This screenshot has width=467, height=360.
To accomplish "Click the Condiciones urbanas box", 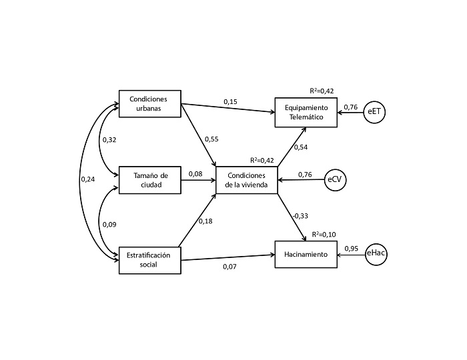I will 150,104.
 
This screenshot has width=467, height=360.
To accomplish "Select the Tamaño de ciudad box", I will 150,179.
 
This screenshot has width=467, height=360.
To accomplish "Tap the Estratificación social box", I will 150,260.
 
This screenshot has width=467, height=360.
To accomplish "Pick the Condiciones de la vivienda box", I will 246,180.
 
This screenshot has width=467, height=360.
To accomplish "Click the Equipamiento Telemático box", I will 306,111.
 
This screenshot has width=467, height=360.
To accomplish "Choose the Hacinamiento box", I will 306,255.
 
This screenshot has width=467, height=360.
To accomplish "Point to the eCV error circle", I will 336,179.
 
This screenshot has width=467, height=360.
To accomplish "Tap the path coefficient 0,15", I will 230,101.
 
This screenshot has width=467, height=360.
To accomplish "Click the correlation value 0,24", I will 87,179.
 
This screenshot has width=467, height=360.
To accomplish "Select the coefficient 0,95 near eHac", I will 351,248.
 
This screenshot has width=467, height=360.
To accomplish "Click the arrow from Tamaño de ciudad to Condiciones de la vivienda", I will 198,180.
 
